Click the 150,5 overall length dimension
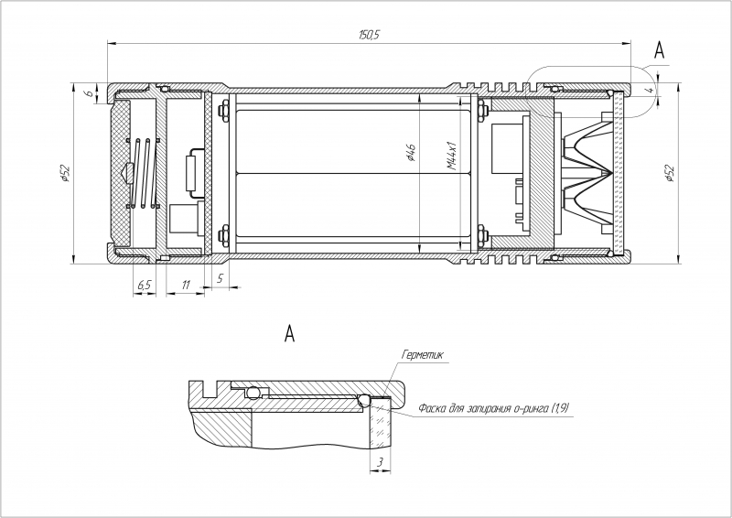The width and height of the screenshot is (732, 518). click(x=369, y=35)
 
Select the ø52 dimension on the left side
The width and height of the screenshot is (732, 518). click(x=65, y=173)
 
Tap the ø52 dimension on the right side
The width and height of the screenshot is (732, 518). click(x=670, y=173)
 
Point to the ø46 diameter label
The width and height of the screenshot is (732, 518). click(x=411, y=152)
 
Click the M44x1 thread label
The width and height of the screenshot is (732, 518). click(x=451, y=155)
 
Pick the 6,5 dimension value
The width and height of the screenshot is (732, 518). click(x=145, y=285)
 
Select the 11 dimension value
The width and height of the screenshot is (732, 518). click(x=186, y=285)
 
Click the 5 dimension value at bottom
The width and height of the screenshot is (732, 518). click(x=221, y=278)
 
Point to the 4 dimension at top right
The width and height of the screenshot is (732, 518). click(x=651, y=89)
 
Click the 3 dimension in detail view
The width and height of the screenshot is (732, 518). click(x=380, y=462)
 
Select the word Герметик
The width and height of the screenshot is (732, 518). click(x=422, y=355)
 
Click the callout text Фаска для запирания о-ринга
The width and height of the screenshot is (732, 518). click(x=486, y=408)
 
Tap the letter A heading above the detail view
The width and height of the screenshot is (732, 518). click(x=290, y=333)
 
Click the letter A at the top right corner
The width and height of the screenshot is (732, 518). click(x=659, y=50)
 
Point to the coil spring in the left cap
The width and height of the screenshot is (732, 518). click(x=143, y=173)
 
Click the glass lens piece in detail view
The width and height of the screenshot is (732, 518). click(x=381, y=424)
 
